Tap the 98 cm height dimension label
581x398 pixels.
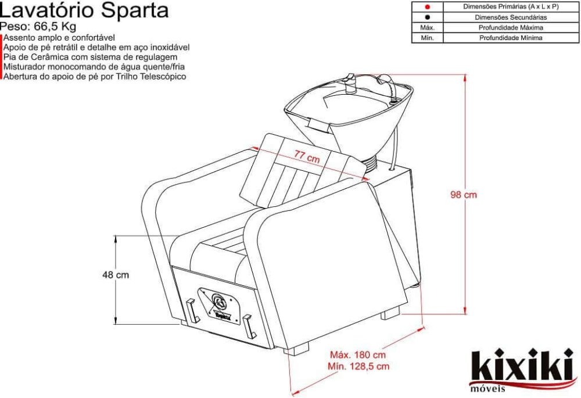(x=464, y=195)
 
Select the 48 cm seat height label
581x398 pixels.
(x=116, y=275)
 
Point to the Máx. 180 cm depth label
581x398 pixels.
(x=358, y=354)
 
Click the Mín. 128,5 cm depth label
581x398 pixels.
(x=358, y=366)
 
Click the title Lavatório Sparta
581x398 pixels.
(x=85, y=10)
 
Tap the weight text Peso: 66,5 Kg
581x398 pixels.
(x=38, y=27)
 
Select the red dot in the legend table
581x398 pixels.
(x=427, y=7)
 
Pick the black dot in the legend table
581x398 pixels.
(x=427, y=17)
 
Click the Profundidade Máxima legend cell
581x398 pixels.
(x=511, y=28)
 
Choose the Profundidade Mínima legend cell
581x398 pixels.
(x=511, y=38)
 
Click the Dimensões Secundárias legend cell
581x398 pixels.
(x=511, y=17)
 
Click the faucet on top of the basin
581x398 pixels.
(x=351, y=81)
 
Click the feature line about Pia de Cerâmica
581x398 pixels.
(x=91, y=58)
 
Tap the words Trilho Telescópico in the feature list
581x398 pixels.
(x=153, y=77)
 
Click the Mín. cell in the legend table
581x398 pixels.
(x=427, y=38)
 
